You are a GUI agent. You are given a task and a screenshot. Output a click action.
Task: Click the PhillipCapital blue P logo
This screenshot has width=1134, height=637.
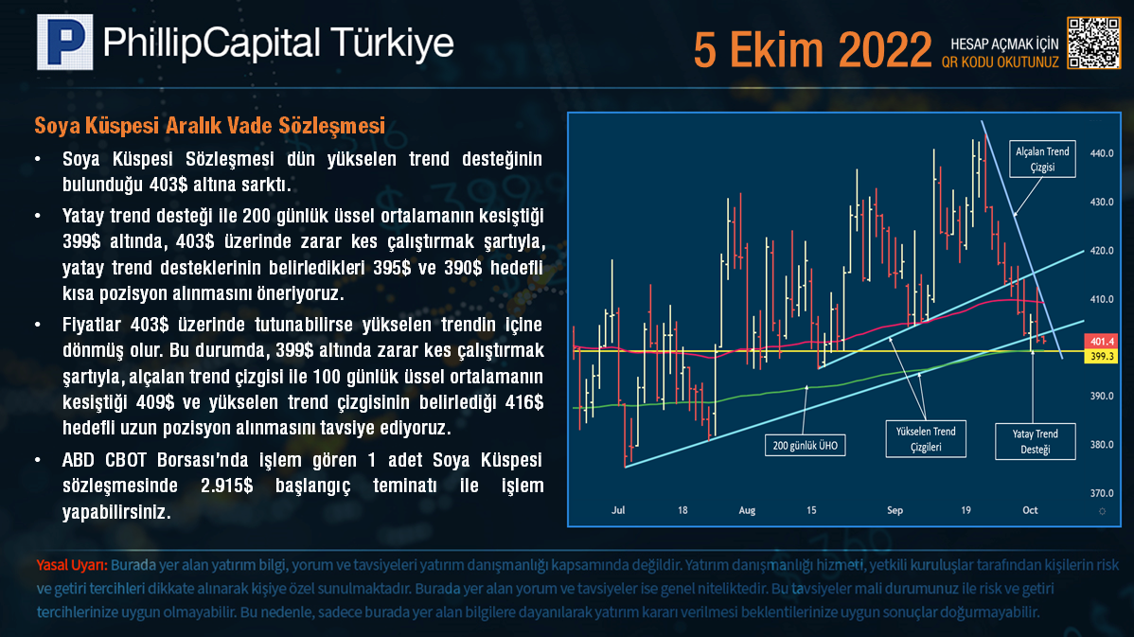(x=65, y=42)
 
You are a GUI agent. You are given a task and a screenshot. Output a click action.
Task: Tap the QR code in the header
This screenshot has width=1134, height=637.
(x=1093, y=43)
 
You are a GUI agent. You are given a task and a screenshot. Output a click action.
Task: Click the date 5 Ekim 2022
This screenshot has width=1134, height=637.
(x=812, y=50)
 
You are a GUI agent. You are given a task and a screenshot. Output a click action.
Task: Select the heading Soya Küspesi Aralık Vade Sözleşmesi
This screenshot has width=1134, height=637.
(x=210, y=126)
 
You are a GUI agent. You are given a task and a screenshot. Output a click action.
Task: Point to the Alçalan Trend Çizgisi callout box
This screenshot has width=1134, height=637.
(x=1042, y=159)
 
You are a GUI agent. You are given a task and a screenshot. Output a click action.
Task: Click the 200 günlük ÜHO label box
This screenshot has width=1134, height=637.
(x=805, y=446)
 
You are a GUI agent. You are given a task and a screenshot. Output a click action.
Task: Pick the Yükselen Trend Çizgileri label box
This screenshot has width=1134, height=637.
(x=926, y=439)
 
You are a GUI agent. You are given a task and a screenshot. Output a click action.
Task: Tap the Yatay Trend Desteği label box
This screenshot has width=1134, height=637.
(x=1035, y=441)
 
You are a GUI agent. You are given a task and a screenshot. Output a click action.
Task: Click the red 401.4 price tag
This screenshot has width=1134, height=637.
(x=1102, y=342)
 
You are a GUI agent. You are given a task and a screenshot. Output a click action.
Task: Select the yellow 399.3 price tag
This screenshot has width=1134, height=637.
(x=1102, y=356)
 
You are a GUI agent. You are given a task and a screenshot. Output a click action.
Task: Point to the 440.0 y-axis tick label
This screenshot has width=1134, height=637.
(x=1102, y=153)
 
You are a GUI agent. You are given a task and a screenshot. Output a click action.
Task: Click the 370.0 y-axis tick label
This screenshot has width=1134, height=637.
(x=1102, y=493)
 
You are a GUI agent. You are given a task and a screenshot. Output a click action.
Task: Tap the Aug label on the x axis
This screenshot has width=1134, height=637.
(x=747, y=510)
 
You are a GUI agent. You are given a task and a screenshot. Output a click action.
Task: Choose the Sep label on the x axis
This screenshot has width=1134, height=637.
(x=895, y=510)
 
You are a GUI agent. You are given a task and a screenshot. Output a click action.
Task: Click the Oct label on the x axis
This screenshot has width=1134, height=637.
(x=1030, y=510)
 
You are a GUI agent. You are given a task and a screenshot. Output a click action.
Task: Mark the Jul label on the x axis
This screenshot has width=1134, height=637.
(x=617, y=510)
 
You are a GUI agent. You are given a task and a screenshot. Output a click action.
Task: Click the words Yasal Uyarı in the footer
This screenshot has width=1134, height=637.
(x=72, y=565)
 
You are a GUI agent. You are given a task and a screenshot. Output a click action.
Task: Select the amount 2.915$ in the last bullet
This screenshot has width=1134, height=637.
(x=227, y=486)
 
